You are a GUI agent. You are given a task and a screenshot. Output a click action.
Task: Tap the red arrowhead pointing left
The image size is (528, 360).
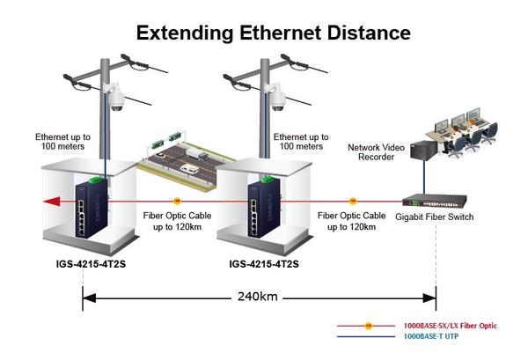[x=52, y=202]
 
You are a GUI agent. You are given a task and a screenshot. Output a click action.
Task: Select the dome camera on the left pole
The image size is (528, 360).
[x=116, y=97]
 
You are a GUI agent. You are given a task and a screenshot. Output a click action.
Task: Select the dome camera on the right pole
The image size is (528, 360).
[x=276, y=97]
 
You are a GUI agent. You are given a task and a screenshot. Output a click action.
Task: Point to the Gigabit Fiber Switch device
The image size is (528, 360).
[x=435, y=200]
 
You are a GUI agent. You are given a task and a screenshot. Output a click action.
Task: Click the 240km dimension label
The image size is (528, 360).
[x=258, y=297]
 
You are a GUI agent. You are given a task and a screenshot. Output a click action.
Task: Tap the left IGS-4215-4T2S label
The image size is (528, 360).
[x=91, y=264]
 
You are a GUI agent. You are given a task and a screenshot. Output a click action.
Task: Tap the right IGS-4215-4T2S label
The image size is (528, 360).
[x=264, y=264]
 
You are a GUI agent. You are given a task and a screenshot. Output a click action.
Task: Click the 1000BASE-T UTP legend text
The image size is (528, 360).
[x=431, y=336]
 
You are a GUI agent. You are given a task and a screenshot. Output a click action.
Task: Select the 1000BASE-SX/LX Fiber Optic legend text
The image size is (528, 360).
[x=451, y=326]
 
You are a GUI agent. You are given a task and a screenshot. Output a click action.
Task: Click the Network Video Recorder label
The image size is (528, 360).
[x=376, y=152]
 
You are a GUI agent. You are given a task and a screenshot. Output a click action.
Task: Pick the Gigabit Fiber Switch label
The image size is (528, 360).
[x=435, y=217]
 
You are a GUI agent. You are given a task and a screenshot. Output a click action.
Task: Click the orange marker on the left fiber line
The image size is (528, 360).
[x=177, y=202]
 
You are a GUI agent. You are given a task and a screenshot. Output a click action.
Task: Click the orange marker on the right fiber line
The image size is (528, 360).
[x=353, y=202]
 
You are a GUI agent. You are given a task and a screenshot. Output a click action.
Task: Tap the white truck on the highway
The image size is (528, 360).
[x=197, y=154]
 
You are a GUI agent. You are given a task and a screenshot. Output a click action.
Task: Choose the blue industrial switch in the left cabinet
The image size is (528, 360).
[x=92, y=208]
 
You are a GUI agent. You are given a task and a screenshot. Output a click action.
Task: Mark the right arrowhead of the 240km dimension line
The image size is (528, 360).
[x=429, y=298]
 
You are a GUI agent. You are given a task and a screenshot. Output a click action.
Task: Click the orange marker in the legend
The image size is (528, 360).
[x=369, y=326]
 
